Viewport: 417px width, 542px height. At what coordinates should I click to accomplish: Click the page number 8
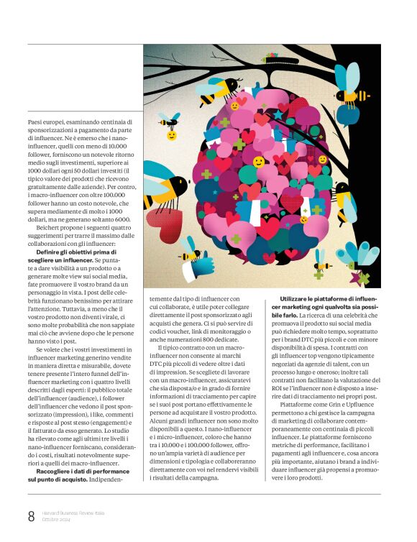[31, 515]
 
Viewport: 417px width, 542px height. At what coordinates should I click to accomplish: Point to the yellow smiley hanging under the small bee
[172, 135]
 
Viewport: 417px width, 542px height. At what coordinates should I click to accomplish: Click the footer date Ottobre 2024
[55, 519]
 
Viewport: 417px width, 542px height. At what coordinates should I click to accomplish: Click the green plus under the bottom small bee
[319, 274]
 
